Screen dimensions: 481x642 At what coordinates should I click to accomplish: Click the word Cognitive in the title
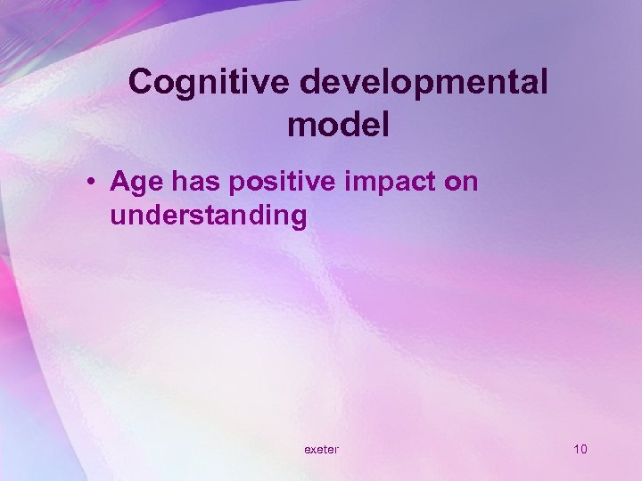click(210, 83)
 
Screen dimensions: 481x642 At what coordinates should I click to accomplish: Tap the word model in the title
click(338, 125)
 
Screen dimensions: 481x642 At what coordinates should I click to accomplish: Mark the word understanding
click(209, 216)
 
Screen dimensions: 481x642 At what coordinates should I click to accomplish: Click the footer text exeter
click(321, 449)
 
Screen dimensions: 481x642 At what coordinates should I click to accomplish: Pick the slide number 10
click(580, 449)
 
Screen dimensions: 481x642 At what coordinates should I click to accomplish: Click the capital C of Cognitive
click(141, 83)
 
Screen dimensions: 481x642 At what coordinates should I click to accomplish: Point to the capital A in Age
click(120, 182)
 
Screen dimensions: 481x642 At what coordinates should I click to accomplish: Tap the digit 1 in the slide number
click(576, 449)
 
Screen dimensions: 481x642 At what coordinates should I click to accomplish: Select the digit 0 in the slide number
click(584, 449)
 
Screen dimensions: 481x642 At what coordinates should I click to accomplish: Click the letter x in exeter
click(314, 450)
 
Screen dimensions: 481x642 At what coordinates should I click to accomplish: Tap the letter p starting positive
click(237, 184)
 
